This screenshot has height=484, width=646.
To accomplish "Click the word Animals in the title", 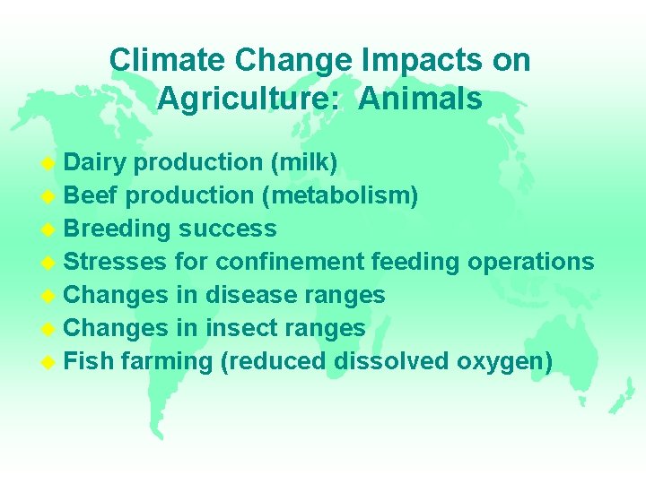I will [x=420, y=99].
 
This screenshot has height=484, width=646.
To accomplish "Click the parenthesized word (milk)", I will [x=303, y=162].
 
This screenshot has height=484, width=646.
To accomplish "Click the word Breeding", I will [x=118, y=229].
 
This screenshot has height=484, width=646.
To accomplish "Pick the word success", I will [x=227, y=229].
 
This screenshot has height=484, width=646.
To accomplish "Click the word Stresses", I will [x=116, y=262].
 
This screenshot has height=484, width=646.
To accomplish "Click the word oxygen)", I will [x=504, y=362].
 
